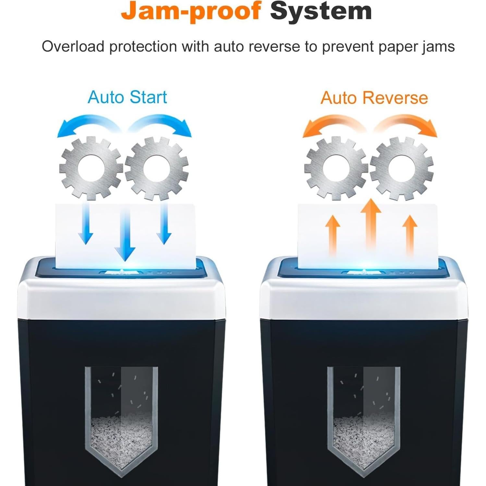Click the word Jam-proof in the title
191,12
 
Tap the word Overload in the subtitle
73,47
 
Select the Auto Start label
127,97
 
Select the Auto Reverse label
374,98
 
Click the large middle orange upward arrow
371,224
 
